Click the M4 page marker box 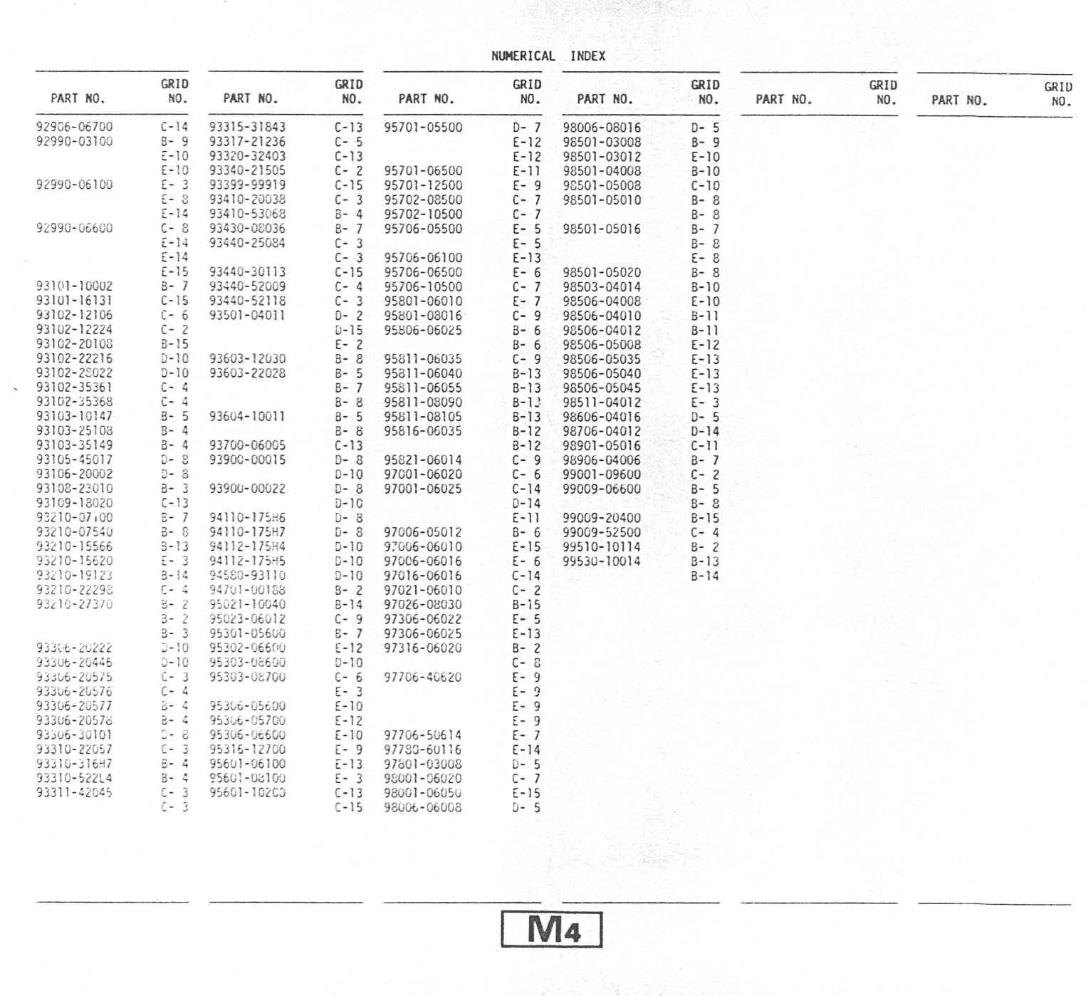552,929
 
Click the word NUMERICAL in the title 523,56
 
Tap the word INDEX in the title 587,56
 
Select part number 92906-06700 74,127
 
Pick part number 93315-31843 247,128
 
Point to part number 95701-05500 423,128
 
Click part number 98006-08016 602,128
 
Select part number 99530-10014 602,561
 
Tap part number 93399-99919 247,185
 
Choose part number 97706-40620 423,677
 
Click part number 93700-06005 247,445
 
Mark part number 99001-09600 602,474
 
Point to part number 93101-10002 74,286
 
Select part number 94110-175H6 247,518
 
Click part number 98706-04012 602,431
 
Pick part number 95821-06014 423,460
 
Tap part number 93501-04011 247,315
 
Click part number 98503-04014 602,286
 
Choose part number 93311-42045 74,792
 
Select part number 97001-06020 423,474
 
